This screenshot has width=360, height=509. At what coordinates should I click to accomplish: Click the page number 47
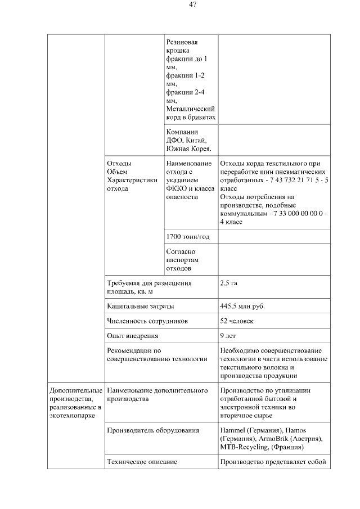(x=192, y=4)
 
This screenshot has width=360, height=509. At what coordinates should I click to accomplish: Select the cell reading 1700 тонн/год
(x=188, y=237)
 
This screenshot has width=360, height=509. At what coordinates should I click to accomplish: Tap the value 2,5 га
(x=228, y=283)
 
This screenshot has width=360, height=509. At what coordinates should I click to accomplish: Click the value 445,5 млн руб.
(x=242, y=307)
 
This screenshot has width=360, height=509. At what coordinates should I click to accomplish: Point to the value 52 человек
(x=237, y=321)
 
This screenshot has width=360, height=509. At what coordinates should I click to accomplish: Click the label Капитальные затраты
(x=140, y=307)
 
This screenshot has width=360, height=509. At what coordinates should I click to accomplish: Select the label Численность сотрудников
(x=147, y=321)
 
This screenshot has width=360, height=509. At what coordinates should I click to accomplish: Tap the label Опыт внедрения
(x=132, y=336)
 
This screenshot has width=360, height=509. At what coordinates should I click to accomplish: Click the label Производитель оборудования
(x=152, y=430)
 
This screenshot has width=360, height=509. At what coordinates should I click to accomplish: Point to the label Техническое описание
(x=142, y=462)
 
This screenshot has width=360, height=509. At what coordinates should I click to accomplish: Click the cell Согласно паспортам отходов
(x=183, y=260)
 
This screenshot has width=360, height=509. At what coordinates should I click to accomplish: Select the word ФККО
(x=178, y=188)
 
